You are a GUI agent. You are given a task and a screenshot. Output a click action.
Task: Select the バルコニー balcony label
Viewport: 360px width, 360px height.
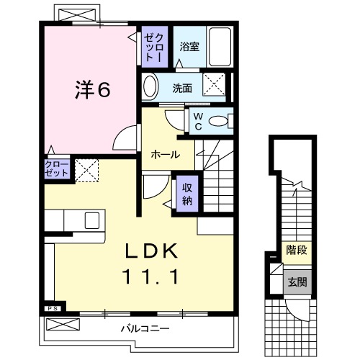pos(144,328)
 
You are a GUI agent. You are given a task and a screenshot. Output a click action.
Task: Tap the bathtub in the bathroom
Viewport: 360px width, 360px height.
pos(220,49)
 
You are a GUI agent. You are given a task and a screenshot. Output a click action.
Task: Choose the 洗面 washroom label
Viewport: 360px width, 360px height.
pos(183,89)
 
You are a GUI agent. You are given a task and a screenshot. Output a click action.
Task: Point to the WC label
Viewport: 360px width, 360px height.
pos(196,122)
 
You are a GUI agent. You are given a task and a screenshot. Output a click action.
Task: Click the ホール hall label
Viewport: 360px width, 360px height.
pos(165,154)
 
